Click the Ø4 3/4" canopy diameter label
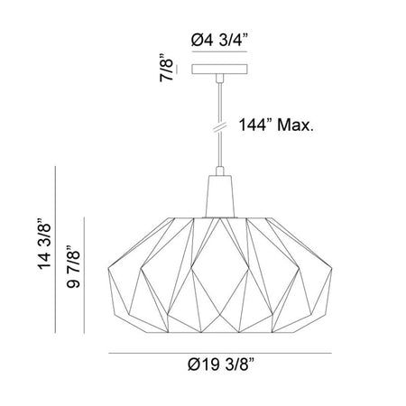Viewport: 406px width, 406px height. point(219,40)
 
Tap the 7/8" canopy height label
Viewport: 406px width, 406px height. point(166,68)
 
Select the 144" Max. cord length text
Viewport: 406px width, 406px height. point(276,125)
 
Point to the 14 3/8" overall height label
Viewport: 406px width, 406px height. point(44,243)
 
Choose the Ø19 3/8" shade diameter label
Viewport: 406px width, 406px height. point(221,364)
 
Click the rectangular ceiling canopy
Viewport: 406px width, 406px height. point(219,69)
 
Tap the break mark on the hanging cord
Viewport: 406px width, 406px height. point(220,126)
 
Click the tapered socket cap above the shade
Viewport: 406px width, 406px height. point(220,196)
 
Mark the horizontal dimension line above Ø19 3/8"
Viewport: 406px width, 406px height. point(220,353)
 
